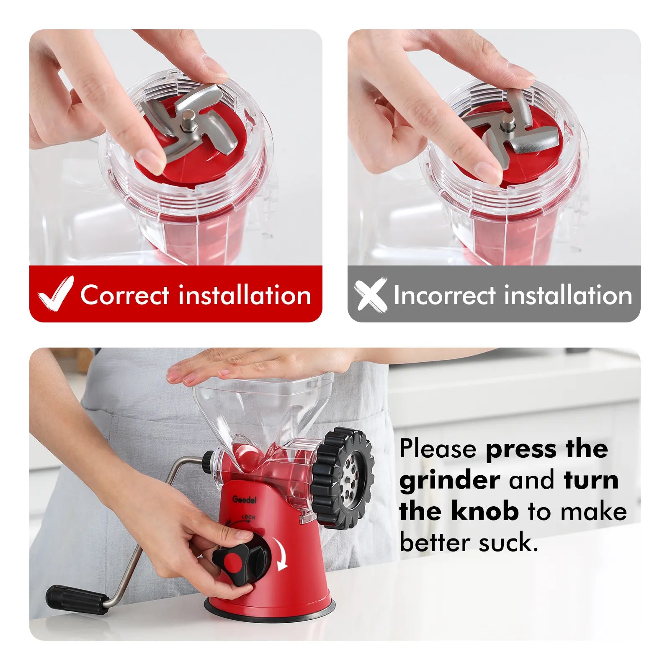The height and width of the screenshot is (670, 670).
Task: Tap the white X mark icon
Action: click(370, 294)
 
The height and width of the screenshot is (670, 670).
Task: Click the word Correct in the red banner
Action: click(125, 295)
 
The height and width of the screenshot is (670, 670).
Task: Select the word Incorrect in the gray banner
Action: click(444, 295)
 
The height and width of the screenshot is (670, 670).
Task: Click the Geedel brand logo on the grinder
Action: click(245, 500)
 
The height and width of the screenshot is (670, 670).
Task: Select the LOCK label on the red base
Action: click(248, 518)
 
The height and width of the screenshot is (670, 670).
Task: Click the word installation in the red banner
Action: click(245, 295)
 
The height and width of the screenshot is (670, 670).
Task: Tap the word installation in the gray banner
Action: click(568, 295)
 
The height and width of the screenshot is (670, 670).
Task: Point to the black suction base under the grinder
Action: click(270, 608)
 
